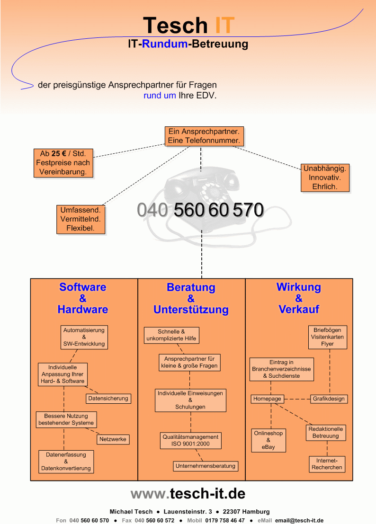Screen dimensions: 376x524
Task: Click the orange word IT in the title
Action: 224,26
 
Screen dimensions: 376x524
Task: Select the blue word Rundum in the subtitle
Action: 164,44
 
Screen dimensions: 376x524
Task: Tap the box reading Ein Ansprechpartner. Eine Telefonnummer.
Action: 204,136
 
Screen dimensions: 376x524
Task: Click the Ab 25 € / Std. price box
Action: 63,163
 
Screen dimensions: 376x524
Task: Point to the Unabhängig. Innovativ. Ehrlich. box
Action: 325,178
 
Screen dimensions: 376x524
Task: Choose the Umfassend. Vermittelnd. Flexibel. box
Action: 81,219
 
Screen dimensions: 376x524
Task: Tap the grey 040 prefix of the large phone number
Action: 152,210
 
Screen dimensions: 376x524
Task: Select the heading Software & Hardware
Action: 82,298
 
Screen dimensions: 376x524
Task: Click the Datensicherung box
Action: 108,399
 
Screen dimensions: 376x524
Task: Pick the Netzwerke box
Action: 113,439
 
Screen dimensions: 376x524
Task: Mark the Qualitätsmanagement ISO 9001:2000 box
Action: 190,441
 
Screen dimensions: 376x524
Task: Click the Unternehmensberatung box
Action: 206,466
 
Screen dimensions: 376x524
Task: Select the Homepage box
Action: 268,399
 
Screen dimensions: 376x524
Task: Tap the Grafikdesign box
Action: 329,399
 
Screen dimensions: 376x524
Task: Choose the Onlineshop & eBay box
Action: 269,440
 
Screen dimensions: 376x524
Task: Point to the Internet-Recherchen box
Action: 327,464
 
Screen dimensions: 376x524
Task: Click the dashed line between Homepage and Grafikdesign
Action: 297,399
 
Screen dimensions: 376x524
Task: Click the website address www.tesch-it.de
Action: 188,494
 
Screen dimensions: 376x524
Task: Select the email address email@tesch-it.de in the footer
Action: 299,520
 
